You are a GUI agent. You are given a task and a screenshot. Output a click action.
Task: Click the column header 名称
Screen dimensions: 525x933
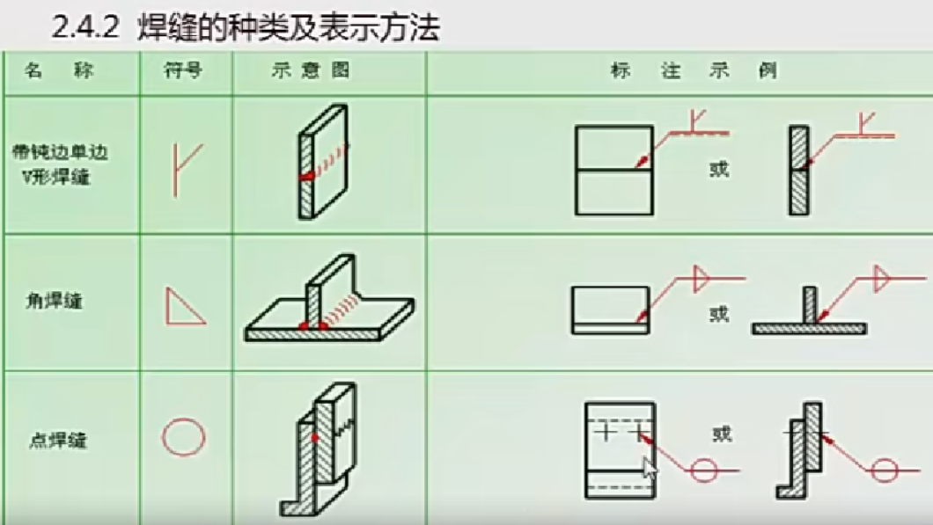[58, 71]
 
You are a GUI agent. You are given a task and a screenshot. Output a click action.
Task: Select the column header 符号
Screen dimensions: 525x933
[183, 71]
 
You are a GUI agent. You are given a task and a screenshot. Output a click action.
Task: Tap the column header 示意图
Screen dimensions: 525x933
[322, 71]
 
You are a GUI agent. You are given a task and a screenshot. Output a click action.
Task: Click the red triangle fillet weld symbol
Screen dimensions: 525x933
[185, 305]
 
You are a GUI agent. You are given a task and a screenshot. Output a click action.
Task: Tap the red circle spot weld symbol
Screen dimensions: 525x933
[184, 436]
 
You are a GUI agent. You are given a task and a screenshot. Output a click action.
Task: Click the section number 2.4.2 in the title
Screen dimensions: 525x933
[86, 28]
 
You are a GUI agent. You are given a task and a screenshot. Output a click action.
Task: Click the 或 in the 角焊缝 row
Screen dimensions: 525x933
[719, 312]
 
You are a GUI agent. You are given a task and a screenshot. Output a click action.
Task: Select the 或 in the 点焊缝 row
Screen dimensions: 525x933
[722, 434]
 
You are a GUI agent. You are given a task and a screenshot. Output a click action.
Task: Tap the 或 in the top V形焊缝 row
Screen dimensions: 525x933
[719, 169]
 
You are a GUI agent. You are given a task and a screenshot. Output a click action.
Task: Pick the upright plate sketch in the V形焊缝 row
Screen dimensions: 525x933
[322, 162]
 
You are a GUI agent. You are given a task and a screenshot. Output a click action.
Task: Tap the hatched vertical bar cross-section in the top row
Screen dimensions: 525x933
[799, 170]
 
